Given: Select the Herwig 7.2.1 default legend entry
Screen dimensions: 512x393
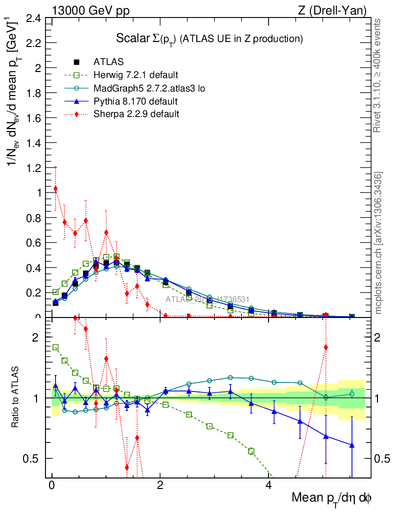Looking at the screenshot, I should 135,75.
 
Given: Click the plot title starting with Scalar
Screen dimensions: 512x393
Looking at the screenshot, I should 209,38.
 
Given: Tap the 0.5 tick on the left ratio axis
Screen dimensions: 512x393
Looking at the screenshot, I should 30,458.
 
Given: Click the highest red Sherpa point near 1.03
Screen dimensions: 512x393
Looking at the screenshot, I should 55,188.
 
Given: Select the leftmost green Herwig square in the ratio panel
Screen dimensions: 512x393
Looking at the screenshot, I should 55,347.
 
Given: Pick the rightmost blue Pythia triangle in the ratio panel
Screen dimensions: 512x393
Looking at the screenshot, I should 352,445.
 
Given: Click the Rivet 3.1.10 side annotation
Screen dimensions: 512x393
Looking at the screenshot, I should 378,75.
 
